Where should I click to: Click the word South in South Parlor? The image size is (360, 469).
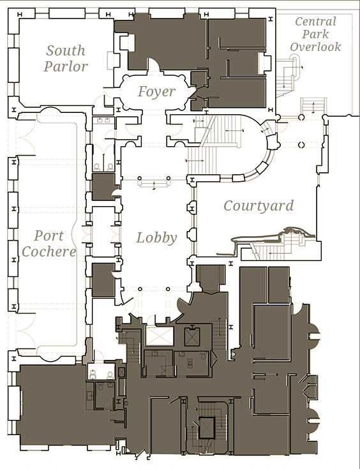coord(66,50)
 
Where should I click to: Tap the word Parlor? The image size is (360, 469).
coord(66,66)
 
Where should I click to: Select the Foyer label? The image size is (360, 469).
coord(156,91)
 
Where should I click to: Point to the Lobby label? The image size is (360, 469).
coord(156,238)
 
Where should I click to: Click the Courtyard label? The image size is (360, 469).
coord(259,205)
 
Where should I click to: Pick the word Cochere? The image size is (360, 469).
coord(49,251)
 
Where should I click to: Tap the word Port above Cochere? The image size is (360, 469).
coord(49,235)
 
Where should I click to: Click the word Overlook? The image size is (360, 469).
coord(315,47)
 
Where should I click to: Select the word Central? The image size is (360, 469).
coord(315,22)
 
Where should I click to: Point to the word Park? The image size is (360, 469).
coord(315,34)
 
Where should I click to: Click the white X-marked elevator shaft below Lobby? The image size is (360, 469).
coord(160,336)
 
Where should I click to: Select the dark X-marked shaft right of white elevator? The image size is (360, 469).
coord(192,337)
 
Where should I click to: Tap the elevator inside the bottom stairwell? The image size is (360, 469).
coord(206,428)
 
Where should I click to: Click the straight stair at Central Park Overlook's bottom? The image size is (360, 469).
coord(313,105)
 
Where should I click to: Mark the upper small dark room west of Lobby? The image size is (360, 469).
coord(103,186)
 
